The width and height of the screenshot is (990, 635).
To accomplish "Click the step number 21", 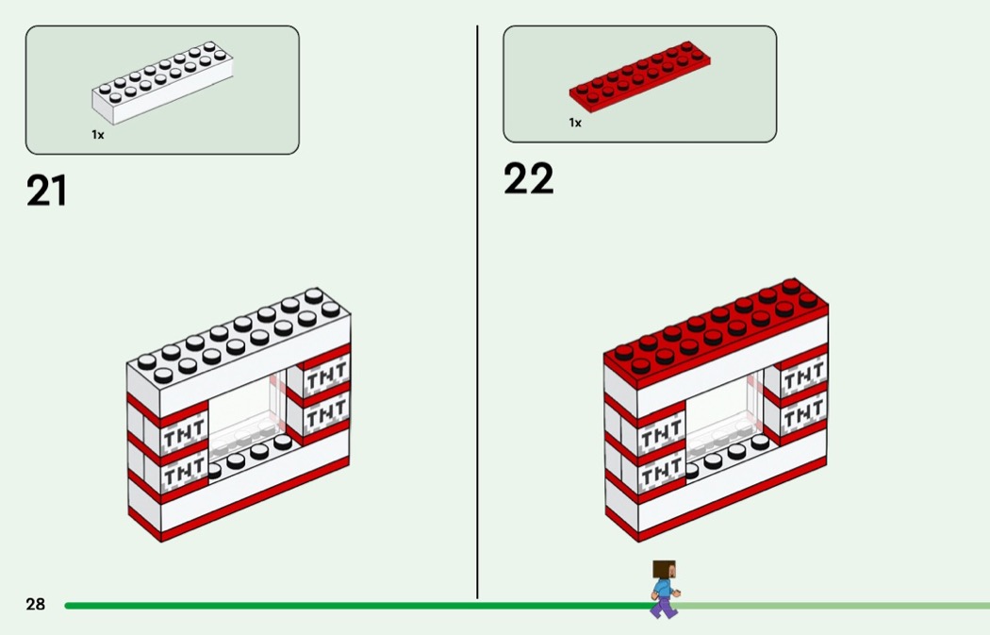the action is pyautogui.click(x=47, y=191).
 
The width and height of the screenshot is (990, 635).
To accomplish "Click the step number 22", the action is pyautogui.click(x=528, y=178).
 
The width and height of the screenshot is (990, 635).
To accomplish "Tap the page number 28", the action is pyautogui.click(x=36, y=604).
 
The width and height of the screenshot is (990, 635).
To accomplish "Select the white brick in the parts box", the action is pyautogui.click(x=162, y=83).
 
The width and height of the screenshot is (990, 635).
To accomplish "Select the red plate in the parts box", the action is pyautogui.click(x=639, y=77).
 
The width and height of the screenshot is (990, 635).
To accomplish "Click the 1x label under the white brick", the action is pyautogui.click(x=98, y=135).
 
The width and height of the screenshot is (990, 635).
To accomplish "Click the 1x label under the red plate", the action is pyautogui.click(x=575, y=123).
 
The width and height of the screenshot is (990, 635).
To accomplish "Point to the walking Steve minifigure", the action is pyautogui.click(x=664, y=589).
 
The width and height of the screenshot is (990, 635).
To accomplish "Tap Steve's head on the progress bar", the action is pyautogui.click(x=665, y=569).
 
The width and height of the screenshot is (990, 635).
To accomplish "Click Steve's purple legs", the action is pyautogui.click(x=663, y=608).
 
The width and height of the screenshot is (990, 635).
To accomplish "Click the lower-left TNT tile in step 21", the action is pyautogui.click(x=185, y=472).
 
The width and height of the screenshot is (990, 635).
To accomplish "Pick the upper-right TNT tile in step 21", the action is pyautogui.click(x=326, y=376).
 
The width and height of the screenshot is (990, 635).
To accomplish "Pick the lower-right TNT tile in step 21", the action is pyautogui.click(x=326, y=413).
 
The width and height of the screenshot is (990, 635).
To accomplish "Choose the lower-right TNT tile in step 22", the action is pyautogui.click(x=803, y=413).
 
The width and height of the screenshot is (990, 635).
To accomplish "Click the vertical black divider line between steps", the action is pyautogui.click(x=477, y=312).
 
